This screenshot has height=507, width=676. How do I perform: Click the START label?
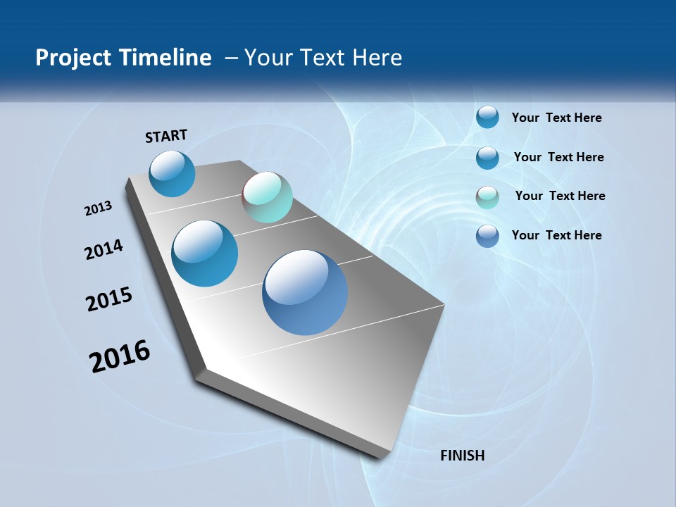coord(166,135)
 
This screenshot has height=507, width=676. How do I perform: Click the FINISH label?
coord(463,456)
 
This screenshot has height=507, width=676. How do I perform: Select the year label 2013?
coord(98,208)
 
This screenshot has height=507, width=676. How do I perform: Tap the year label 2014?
coord(104,249)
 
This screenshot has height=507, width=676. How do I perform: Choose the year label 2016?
coord(120,356)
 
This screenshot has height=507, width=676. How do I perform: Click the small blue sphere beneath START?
coord(172,173)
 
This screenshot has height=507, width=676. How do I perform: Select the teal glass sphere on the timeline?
coord(267,197)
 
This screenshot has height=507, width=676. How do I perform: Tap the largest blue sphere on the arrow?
coord(305,292)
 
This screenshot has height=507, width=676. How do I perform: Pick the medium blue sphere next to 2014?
coord(204,254)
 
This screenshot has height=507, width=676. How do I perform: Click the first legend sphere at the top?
coord(487,117)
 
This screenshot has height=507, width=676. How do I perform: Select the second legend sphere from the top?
coord(487,158)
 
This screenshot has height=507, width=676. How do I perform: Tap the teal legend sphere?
coord(487,197)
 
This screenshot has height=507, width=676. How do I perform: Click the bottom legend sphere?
coord(487,236)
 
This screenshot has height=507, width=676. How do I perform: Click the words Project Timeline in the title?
coord(123,58)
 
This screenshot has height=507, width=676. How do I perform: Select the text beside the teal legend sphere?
coord(560,196)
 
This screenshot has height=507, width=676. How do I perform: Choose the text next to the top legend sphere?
coord(556,118)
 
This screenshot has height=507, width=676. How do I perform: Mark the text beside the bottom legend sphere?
coord(556,235)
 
